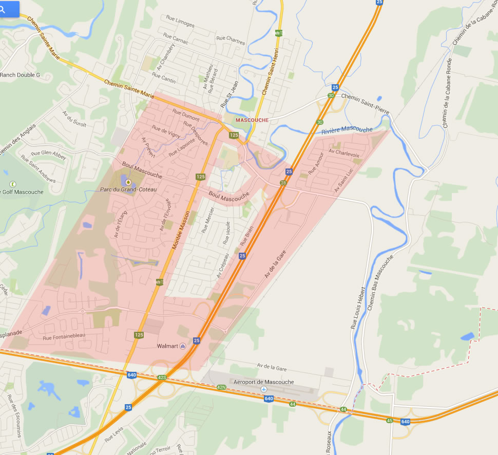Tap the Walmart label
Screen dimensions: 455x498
(x=167, y=346)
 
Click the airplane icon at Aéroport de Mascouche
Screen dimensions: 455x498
(x=264, y=390)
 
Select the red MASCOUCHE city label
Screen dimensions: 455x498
(x=252, y=120)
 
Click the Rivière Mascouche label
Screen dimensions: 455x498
(x=347, y=129)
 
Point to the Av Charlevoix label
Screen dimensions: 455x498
(x=343, y=153)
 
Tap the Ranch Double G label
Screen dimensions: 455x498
(x=20, y=75)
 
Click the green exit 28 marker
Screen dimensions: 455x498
(x=283, y=183)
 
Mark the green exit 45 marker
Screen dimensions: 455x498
(x=389, y=420)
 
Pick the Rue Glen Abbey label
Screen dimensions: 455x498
(x=49, y=155)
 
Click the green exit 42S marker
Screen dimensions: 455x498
(x=162, y=377)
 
